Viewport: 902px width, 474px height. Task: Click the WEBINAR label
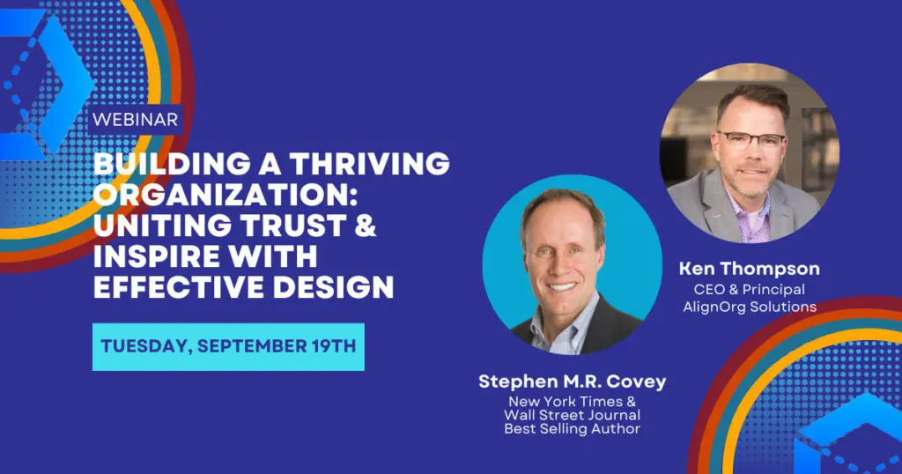pos(135,120)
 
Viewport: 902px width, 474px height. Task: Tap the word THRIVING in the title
pos(369,164)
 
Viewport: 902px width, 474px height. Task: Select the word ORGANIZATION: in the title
pos(225,195)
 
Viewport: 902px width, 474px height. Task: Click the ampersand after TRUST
pos(365,226)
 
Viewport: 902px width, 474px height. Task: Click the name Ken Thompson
pos(749,269)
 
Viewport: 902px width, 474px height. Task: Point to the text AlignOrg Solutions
pos(750,307)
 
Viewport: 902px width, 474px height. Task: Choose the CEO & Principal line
pos(749,289)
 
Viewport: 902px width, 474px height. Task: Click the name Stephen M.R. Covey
pos(573,381)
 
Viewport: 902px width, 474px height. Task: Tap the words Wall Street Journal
pos(573,415)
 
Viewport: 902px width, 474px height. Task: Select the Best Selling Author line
pos(573,428)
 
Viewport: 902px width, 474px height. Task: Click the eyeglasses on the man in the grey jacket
pos(751,140)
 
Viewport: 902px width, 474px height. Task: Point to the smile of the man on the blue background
pos(562,285)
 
